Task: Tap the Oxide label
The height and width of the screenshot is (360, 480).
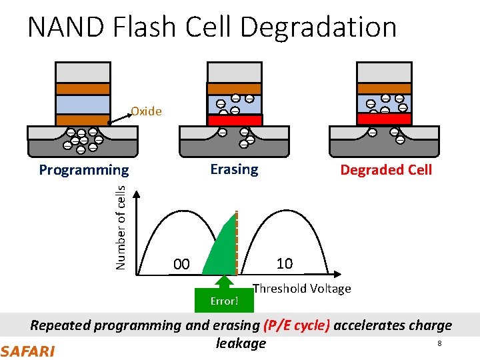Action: (146, 111)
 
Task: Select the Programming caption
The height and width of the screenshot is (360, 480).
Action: (83, 170)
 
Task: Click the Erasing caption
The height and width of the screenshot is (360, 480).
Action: (234, 169)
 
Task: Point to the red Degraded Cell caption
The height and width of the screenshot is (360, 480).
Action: (386, 170)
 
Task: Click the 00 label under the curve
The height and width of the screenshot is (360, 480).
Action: (181, 265)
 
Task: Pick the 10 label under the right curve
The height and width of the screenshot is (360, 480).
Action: (285, 263)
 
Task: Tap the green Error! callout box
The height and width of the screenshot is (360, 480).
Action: (224, 301)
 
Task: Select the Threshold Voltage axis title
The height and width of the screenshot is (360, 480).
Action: (301, 289)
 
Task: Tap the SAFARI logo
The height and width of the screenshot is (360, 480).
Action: (27, 351)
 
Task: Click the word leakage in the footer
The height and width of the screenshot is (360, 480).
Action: (241, 343)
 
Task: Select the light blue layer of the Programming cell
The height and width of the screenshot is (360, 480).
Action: (82, 104)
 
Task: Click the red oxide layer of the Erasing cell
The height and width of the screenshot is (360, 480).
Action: (234, 120)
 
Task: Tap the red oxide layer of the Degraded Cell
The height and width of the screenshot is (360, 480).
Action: (384, 119)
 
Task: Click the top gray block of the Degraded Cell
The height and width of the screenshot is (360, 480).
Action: (384, 71)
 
